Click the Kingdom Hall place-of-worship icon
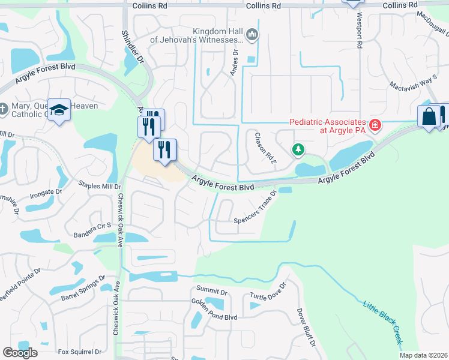(252, 36)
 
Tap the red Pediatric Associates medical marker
(376, 125)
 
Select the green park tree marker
(297, 149)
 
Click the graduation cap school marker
(59, 109)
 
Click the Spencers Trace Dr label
(256, 206)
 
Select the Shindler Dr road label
(133, 47)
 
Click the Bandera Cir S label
(92, 226)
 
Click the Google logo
(20, 352)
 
